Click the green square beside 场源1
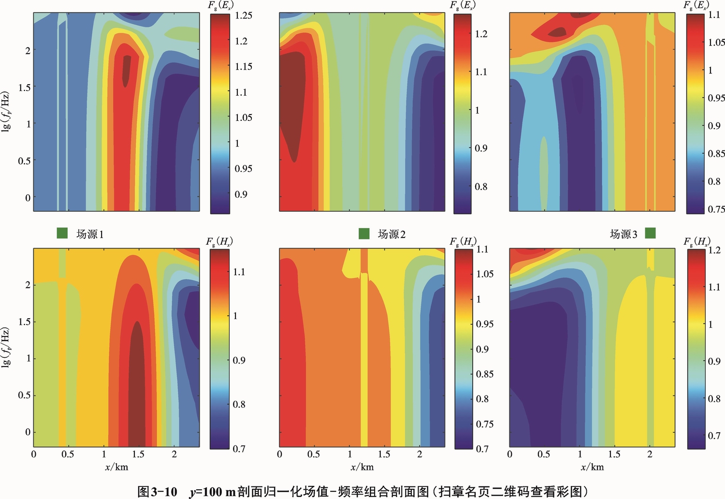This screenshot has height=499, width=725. [x=62, y=233]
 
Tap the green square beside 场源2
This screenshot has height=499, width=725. [x=364, y=234]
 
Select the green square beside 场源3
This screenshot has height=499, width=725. [x=650, y=233]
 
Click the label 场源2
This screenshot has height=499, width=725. [x=391, y=234]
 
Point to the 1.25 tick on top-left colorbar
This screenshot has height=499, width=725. [x=244, y=15]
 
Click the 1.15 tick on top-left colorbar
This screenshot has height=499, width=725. [x=244, y=66]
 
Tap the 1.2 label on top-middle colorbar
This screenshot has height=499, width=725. [x=481, y=34]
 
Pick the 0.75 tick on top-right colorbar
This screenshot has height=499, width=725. [x=716, y=209]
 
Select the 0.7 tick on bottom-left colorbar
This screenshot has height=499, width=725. [x=239, y=449]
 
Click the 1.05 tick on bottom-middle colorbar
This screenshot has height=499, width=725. [x=485, y=274]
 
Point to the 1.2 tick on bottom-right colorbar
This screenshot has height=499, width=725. [x=714, y=250]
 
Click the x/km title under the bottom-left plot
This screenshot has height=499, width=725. [x=116, y=467]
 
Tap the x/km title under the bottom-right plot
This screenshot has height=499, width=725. [x=592, y=467]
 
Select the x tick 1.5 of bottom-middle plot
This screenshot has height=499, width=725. [x=384, y=455]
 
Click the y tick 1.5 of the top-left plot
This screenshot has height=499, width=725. [x=24, y=87]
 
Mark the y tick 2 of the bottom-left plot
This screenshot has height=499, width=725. [x=28, y=285]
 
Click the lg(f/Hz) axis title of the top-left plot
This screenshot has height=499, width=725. [x=6, y=111]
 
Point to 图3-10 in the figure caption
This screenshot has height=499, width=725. [x=158, y=492]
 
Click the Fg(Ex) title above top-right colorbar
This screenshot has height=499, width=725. [x=696, y=5]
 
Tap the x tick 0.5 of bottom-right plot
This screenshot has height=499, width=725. [x=544, y=455]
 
